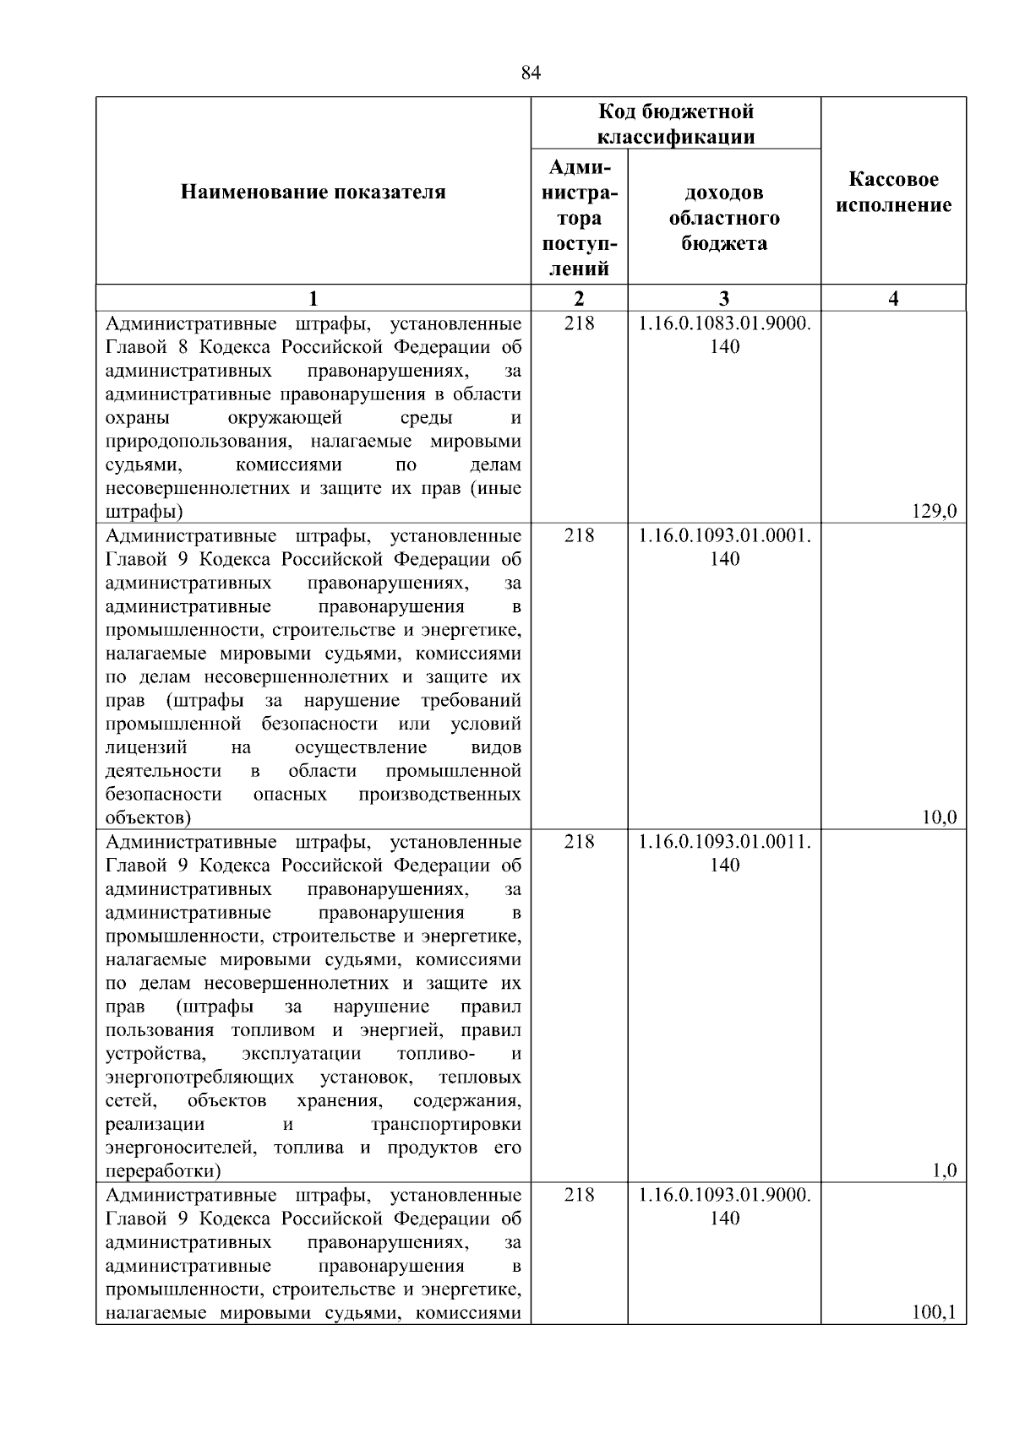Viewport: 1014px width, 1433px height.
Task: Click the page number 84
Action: coord(531,73)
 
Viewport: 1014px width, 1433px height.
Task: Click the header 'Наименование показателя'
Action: coord(313,193)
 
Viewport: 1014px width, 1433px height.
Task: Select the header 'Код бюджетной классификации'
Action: coord(676,124)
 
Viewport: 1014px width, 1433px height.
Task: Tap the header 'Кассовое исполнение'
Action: coord(893,193)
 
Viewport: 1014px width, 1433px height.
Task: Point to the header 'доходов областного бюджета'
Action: coord(724,218)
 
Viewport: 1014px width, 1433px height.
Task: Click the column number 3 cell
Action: coord(724,298)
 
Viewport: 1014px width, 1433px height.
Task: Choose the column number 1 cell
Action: coord(313,298)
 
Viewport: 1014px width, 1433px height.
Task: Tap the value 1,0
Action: coord(943,1170)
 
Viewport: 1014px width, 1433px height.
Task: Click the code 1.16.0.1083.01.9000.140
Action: coord(724,335)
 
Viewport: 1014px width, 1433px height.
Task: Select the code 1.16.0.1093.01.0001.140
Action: coord(724,547)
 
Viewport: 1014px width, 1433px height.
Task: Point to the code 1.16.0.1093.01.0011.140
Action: coord(724,853)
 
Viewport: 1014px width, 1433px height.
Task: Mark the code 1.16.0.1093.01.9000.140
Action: coord(724,1206)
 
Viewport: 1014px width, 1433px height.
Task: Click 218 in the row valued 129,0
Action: coord(579,323)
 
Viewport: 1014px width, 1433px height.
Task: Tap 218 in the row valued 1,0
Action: coord(579,842)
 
